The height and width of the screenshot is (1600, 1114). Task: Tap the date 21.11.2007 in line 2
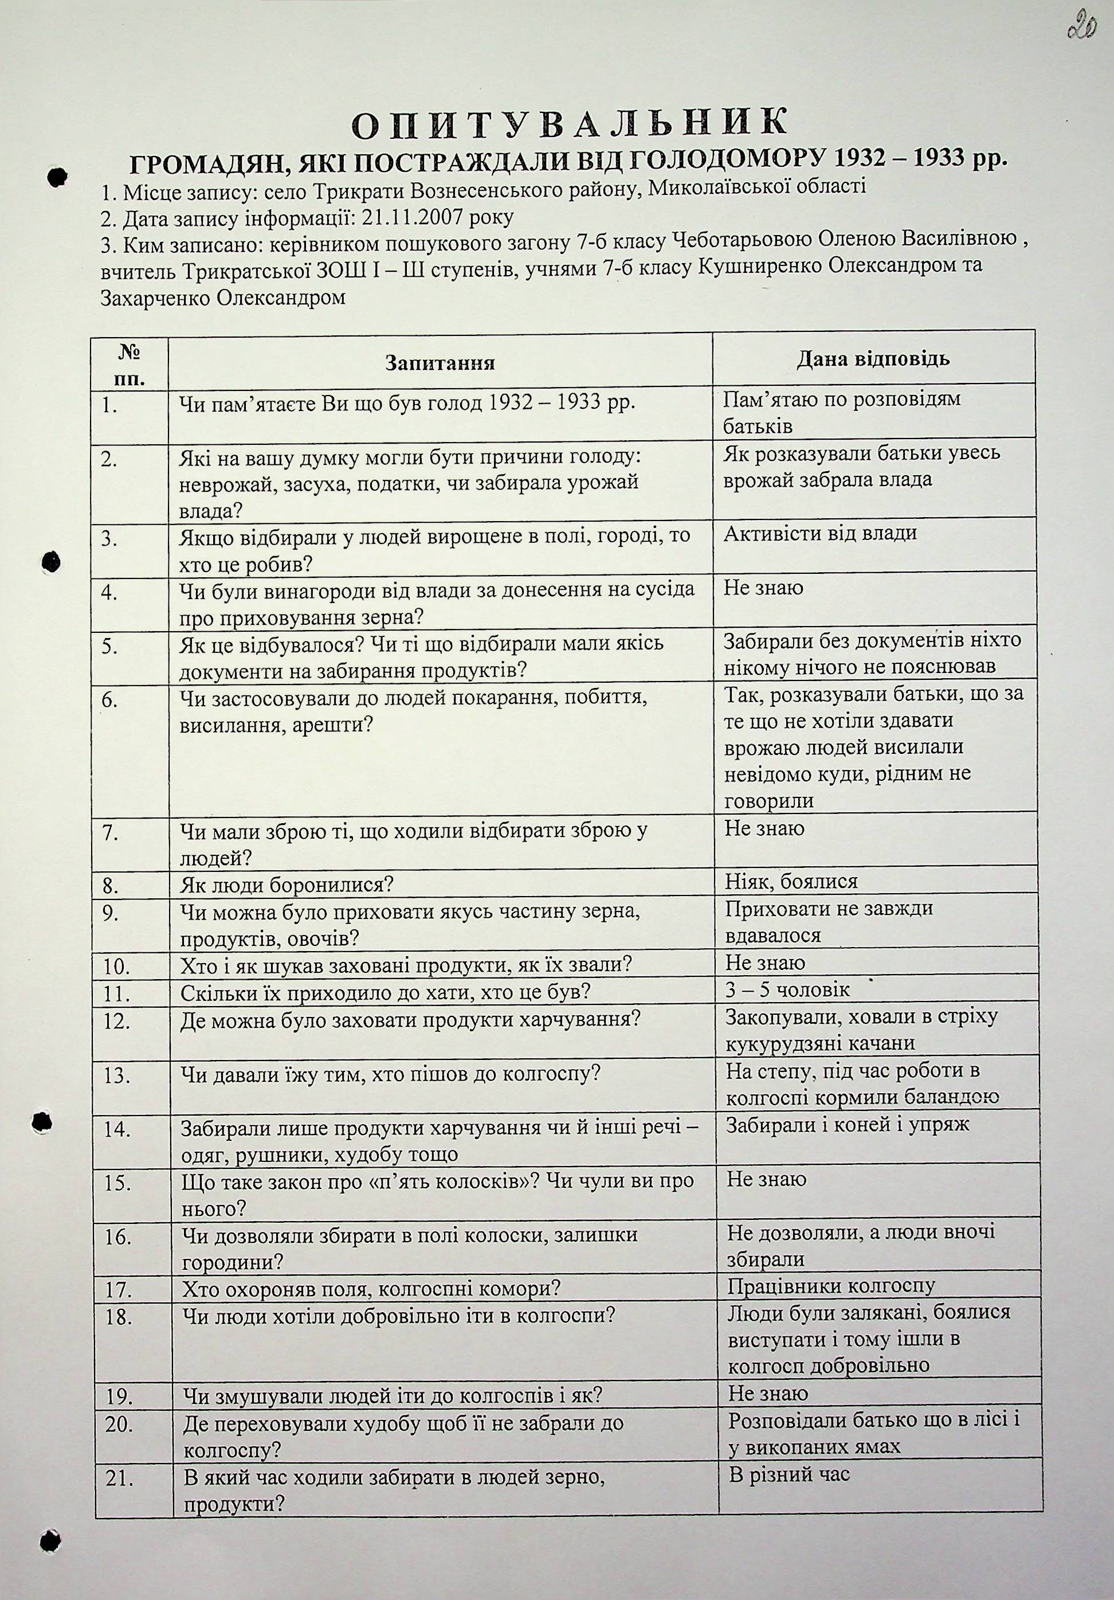click(417, 218)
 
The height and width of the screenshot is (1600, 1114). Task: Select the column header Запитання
click(440, 363)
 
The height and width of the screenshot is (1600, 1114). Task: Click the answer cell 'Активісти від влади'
click(820, 534)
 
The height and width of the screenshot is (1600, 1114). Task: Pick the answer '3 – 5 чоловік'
click(788, 989)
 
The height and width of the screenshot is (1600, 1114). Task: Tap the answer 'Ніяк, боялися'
click(791, 882)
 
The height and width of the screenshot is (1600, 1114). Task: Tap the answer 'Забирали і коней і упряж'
click(847, 1124)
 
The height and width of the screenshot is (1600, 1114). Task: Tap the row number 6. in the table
click(110, 699)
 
